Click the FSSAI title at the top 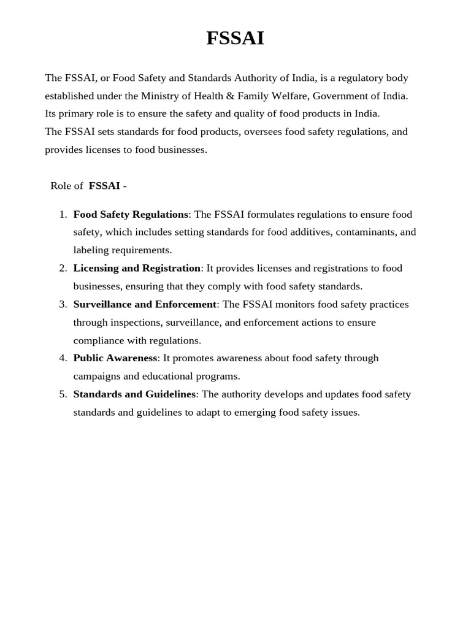(235, 39)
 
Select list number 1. (63, 215)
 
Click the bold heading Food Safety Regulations (131, 215)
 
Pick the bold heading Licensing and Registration (137, 268)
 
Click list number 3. (63, 304)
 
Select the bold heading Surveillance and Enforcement (145, 304)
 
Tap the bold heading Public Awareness (115, 358)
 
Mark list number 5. (63, 394)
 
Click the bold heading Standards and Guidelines (134, 394)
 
